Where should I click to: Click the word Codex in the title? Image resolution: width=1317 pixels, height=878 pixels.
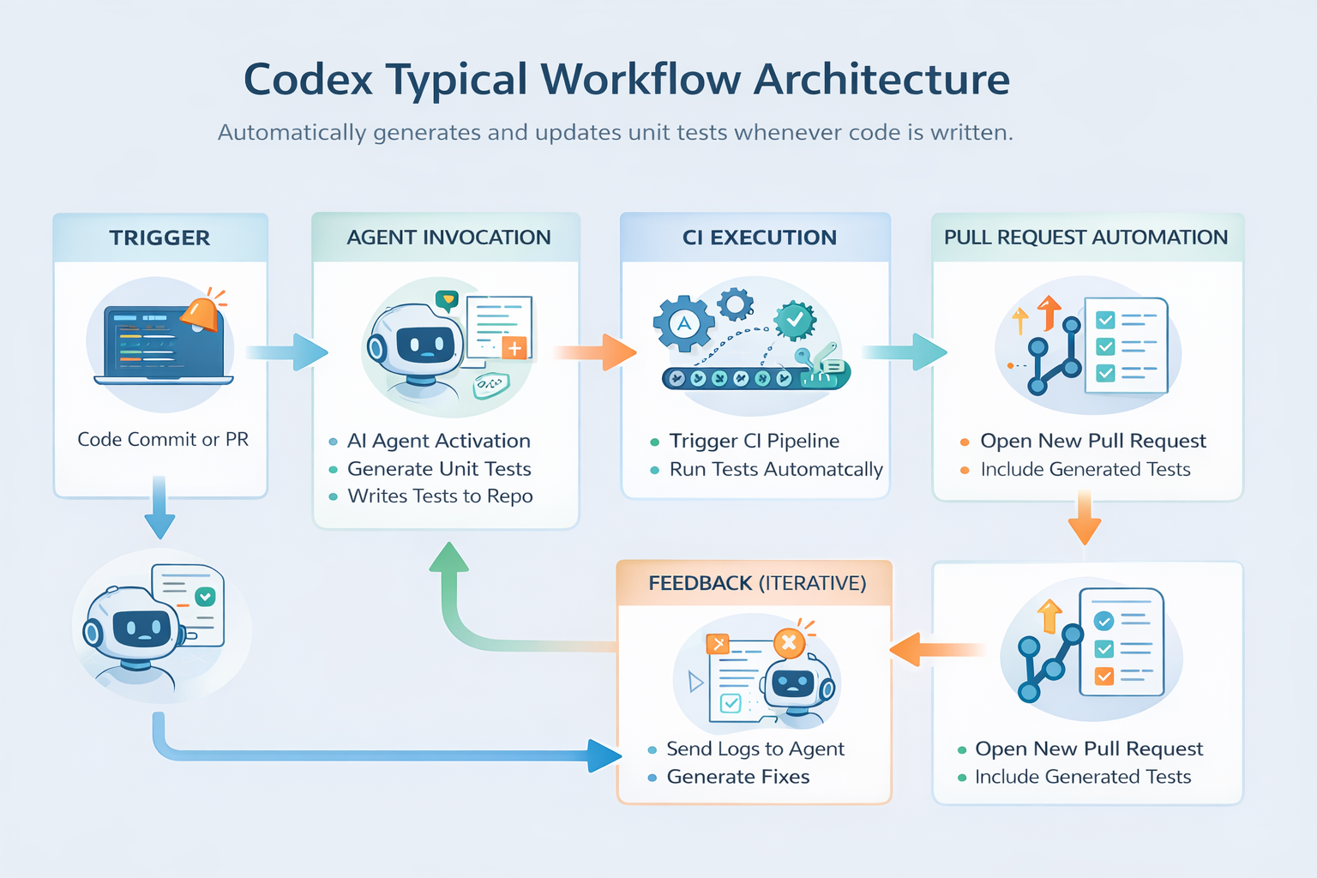308,80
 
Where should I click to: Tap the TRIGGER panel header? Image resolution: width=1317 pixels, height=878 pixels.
160,238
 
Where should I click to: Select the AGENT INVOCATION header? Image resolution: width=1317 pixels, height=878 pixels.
448,238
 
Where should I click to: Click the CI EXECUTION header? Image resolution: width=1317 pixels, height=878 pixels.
759,238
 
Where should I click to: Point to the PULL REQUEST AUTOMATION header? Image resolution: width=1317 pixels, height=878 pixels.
1086,238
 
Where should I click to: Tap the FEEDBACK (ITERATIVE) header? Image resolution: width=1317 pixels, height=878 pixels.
757,583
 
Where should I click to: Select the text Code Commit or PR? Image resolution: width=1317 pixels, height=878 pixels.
163,439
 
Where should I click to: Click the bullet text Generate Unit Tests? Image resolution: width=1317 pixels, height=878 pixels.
439,469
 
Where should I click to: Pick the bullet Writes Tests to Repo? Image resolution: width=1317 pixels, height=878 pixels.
441,496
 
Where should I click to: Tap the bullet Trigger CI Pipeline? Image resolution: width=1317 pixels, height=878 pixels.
755,441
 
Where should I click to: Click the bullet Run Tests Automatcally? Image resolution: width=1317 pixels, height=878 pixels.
776,469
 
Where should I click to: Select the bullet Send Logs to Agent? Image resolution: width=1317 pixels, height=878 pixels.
755,749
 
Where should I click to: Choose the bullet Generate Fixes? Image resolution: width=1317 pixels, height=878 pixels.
738,777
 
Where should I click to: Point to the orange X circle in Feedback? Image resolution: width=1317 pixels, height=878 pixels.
789,643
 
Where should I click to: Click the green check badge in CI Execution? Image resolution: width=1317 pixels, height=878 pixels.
795,321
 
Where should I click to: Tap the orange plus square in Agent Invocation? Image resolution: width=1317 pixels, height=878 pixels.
514,348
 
